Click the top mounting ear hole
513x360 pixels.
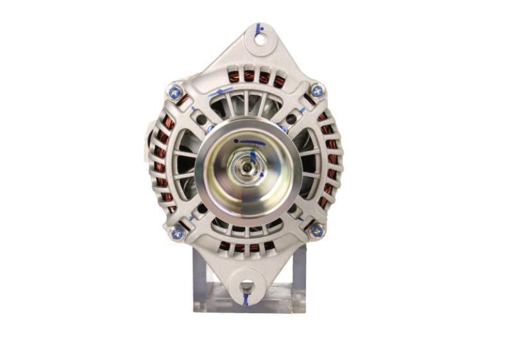(260, 40)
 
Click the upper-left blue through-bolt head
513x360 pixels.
(175, 92)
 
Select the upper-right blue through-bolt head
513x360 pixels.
(317, 91)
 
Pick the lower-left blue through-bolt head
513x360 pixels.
(177, 234)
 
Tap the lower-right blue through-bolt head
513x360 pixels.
(316, 230)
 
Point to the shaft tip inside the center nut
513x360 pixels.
(246, 167)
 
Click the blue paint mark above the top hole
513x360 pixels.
(259, 28)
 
